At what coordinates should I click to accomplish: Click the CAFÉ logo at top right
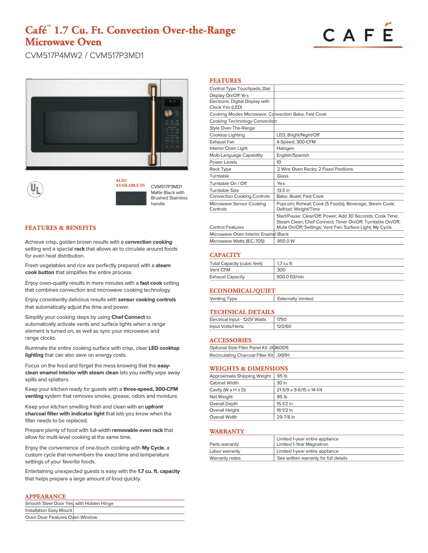click(x=358, y=35)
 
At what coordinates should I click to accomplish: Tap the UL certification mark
click(x=35, y=190)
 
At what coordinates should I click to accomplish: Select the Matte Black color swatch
click(x=130, y=198)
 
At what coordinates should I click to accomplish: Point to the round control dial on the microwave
click(x=168, y=113)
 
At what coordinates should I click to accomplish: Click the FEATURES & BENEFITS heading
click(x=60, y=228)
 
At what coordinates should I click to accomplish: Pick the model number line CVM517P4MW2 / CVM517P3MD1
click(x=84, y=55)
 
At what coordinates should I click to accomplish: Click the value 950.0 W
click(x=286, y=241)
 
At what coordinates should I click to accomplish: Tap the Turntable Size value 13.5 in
click(x=283, y=190)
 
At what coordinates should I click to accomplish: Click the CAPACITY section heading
click(x=225, y=255)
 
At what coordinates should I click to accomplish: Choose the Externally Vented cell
click(x=295, y=299)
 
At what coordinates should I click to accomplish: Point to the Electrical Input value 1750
click(x=281, y=319)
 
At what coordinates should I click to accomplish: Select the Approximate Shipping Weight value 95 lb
click(x=282, y=376)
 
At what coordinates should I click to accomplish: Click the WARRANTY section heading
click(x=227, y=431)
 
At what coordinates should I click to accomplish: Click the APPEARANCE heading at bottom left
click(x=45, y=496)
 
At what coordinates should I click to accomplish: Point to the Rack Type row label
click(x=220, y=169)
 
